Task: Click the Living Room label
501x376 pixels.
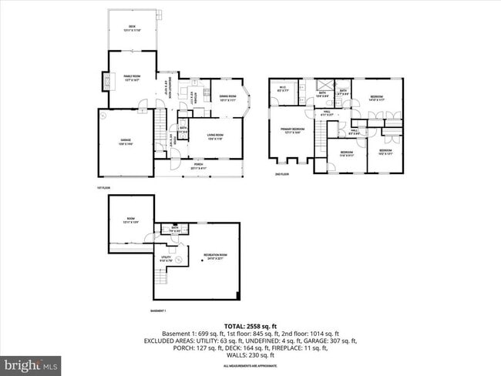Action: pyautogui.click(x=214, y=137)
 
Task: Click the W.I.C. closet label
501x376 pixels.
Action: pyautogui.click(x=282, y=89)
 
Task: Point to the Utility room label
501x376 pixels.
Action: pyautogui.click(x=165, y=259)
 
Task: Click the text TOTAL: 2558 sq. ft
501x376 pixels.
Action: pyautogui.click(x=250, y=325)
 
